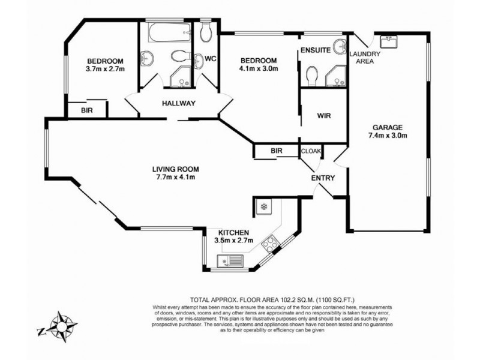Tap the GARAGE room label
pos(387,127)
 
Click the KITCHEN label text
pos(233,233)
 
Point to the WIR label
pos(323,115)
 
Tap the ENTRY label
pos(322,178)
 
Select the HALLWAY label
pos(179,103)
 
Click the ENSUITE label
pos(316,50)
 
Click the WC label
pos(210,59)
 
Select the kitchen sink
pos(230,261)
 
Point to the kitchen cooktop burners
pos(271,243)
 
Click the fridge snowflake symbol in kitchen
pos(263,208)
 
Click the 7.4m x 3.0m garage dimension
pos(387,136)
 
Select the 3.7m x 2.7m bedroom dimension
pos(105,69)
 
